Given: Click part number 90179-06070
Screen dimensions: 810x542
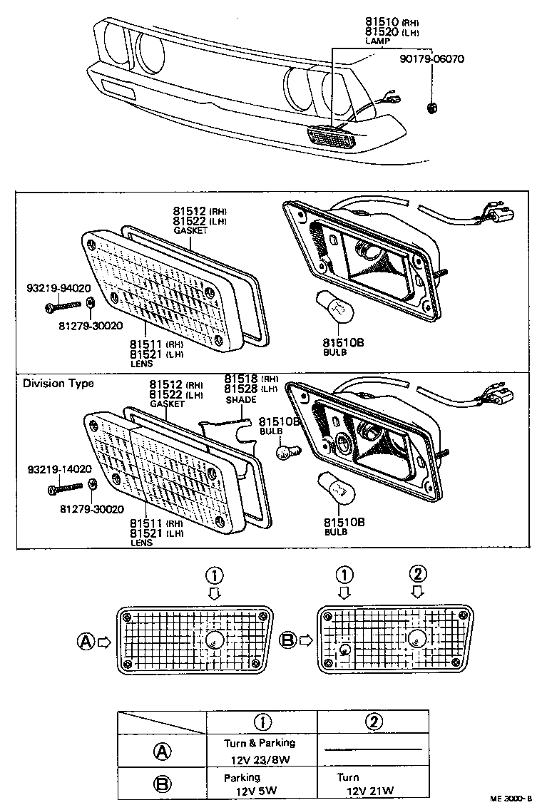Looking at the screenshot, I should point(431,59).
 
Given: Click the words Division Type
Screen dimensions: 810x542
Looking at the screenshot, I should point(58,384).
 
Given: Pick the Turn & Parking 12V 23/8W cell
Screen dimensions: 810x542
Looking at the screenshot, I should point(262,749).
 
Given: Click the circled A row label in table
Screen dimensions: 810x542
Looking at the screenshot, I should point(162,750).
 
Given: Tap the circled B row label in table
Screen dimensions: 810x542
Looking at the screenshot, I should point(162,784).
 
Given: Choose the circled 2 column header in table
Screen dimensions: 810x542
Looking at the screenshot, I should point(372,722).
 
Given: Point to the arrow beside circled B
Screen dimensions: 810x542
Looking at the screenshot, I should point(305,640).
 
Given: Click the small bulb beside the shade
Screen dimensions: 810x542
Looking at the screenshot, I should point(285,450).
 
